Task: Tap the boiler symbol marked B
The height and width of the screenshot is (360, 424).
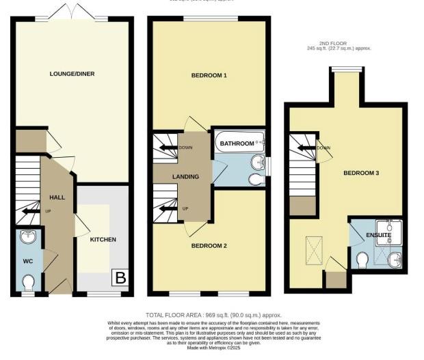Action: click(120, 278)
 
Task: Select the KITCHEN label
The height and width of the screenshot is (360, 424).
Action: click(103, 240)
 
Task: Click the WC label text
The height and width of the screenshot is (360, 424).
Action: click(28, 262)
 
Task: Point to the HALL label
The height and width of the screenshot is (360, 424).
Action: click(57, 197)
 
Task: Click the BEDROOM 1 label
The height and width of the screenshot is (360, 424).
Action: click(208, 75)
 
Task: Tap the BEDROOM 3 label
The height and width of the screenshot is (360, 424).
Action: click(360, 173)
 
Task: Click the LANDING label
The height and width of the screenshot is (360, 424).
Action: click(185, 177)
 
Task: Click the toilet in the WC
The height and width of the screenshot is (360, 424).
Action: click(29, 282)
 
